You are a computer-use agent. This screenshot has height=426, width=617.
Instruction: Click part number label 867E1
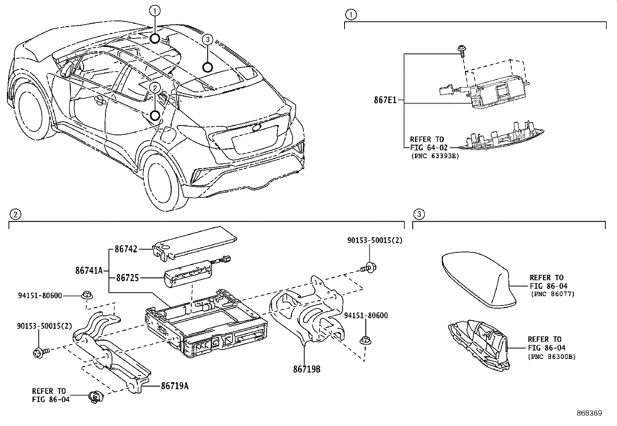(385, 100)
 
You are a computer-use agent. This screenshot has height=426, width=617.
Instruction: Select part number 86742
(126, 249)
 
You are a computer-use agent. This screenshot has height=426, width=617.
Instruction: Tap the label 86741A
(88, 271)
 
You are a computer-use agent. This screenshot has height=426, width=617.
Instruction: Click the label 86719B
(307, 369)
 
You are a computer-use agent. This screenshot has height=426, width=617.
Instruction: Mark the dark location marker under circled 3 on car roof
(208, 67)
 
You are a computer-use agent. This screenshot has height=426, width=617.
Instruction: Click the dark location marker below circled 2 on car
(155, 116)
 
